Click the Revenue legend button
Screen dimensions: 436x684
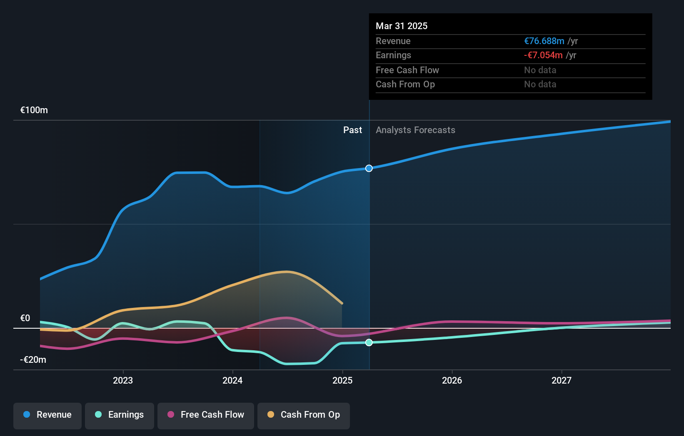(x=47, y=415)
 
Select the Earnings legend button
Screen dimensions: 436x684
(x=120, y=415)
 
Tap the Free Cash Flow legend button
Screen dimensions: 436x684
(x=206, y=415)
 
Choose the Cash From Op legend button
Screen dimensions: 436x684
(x=304, y=415)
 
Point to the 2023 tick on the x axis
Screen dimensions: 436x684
(x=123, y=380)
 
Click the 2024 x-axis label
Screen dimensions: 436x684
(x=232, y=380)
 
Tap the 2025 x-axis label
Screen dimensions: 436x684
(x=342, y=380)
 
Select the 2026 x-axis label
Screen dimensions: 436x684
(x=452, y=380)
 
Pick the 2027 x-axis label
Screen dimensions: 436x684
(x=562, y=380)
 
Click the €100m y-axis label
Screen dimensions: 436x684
(x=34, y=110)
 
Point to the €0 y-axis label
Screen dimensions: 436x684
(x=25, y=318)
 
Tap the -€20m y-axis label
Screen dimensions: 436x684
(x=33, y=360)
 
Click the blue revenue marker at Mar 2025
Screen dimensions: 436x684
(x=369, y=168)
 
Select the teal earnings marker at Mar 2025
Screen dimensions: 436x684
(x=369, y=342)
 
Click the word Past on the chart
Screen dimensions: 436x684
(x=352, y=130)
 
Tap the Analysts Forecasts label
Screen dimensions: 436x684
(x=415, y=130)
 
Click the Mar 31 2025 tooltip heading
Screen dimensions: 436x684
(x=402, y=26)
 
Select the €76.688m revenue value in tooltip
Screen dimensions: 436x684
(x=544, y=41)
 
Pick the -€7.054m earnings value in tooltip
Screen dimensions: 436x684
(x=543, y=55)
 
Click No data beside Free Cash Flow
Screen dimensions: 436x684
(x=540, y=70)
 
